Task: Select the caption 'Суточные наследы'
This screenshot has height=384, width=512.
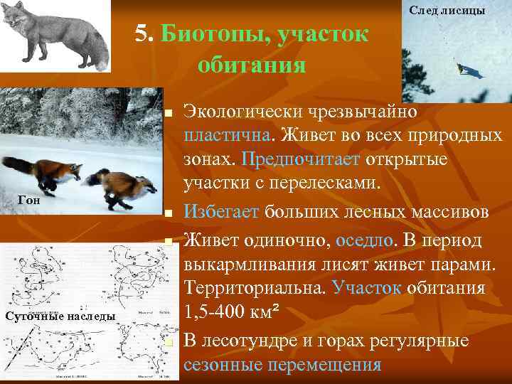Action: click(x=60, y=316)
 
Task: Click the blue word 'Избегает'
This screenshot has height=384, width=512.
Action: click(x=222, y=210)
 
